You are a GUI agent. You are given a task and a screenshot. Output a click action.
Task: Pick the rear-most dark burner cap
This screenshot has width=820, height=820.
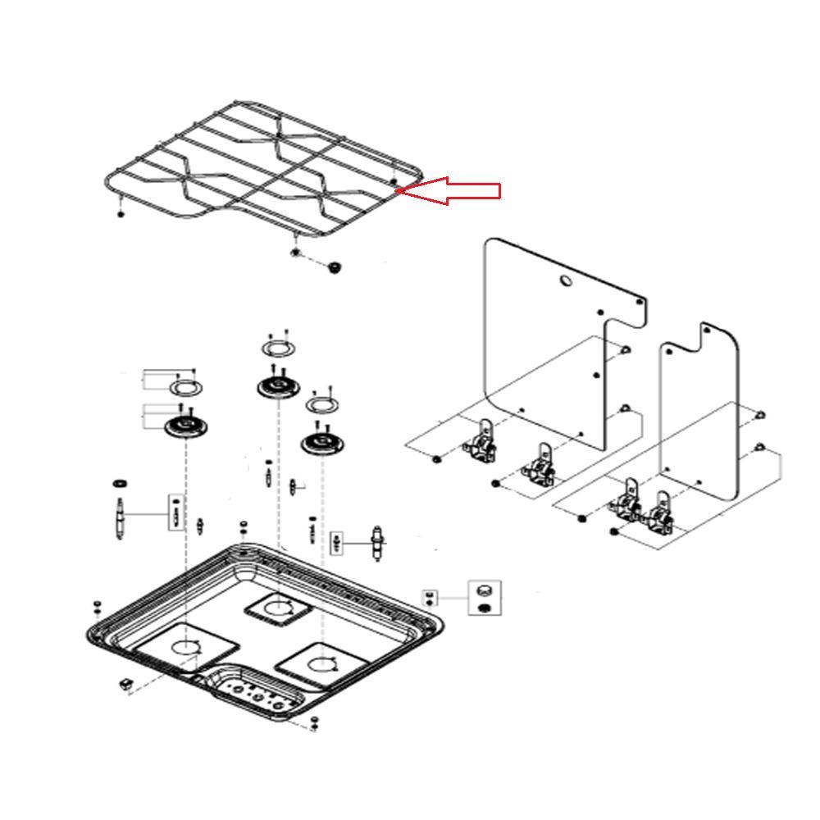(279, 387)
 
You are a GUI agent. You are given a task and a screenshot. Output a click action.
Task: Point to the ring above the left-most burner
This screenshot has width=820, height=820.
(186, 386)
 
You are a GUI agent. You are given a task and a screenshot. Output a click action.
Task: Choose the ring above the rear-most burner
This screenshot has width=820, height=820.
(279, 349)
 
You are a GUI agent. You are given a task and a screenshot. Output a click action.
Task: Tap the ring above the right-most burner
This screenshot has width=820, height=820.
(321, 406)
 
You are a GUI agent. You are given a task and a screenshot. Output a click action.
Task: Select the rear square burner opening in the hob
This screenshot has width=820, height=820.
(277, 608)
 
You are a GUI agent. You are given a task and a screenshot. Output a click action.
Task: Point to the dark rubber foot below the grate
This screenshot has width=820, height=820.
(334, 267)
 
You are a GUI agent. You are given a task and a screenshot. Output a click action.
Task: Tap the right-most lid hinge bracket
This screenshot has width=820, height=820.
(660, 517)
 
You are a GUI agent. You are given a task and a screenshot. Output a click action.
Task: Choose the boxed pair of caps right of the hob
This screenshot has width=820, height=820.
(484, 597)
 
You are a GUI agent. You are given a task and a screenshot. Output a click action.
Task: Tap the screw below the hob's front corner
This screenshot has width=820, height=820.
(315, 722)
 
